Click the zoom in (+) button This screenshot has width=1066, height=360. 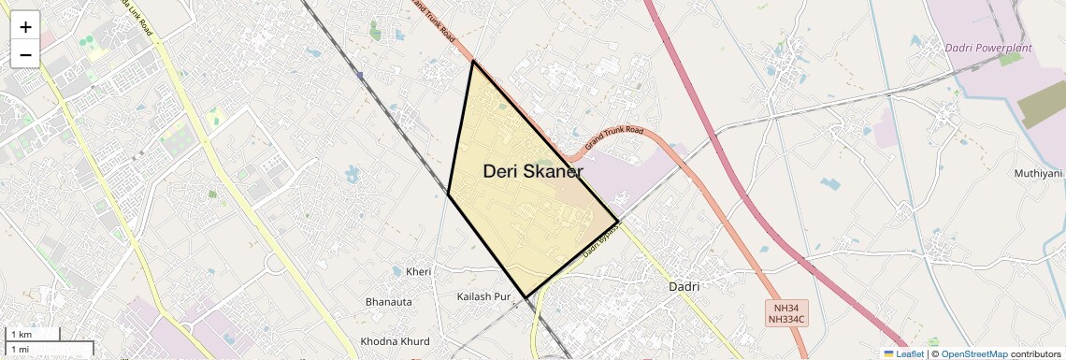pos(25,26)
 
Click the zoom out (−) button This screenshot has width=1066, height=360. pos(25,54)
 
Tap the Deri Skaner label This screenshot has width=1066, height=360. pos(533,172)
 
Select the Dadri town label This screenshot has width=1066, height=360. pos(684,286)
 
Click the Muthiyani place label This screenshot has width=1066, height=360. pos(1039,174)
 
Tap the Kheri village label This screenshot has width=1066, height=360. pos(419,272)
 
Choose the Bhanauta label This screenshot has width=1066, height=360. pos(388,302)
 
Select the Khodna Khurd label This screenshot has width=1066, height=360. pos(396,341)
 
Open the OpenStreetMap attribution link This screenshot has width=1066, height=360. pos(974,353)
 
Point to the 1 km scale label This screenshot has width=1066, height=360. pos(22,335)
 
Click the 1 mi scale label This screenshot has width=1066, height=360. pos(21,349)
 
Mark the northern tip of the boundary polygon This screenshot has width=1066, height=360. pos(473,62)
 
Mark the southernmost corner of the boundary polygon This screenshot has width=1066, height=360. pos(526,297)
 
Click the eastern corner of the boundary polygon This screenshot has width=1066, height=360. pos(618,222)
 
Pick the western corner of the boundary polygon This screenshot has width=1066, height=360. pos(449,194)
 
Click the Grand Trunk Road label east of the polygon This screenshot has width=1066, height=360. pos(614,139)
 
